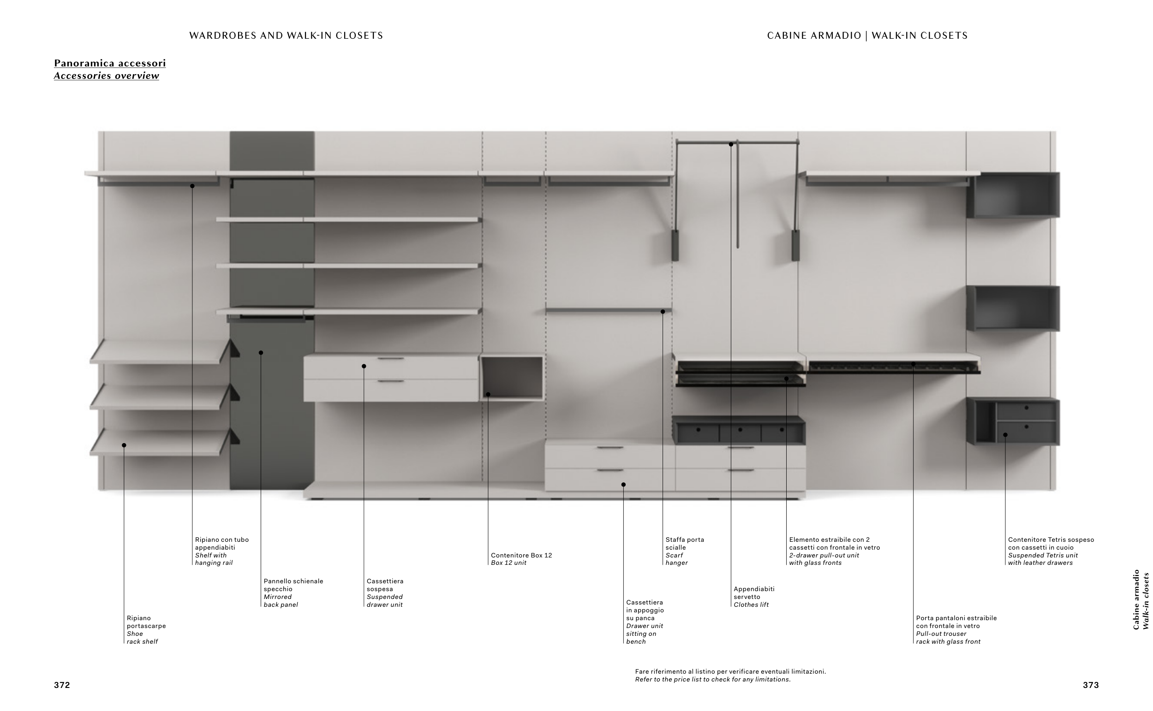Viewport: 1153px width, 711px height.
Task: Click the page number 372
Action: [x=62, y=685]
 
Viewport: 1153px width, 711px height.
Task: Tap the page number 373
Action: [x=1090, y=685]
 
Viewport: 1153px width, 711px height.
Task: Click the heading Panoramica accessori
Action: [x=110, y=63]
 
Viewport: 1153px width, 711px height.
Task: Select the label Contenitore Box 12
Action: [x=521, y=555]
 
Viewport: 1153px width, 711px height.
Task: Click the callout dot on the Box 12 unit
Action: [x=488, y=394]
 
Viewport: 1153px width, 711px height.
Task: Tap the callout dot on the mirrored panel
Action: [x=261, y=353]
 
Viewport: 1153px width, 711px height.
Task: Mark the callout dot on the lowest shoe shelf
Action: [x=124, y=445]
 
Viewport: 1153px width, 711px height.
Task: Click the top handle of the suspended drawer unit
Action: [x=390, y=359]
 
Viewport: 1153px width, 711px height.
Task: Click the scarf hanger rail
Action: [x=607, y=311]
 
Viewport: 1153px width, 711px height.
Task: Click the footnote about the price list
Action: [x=730, y=675]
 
